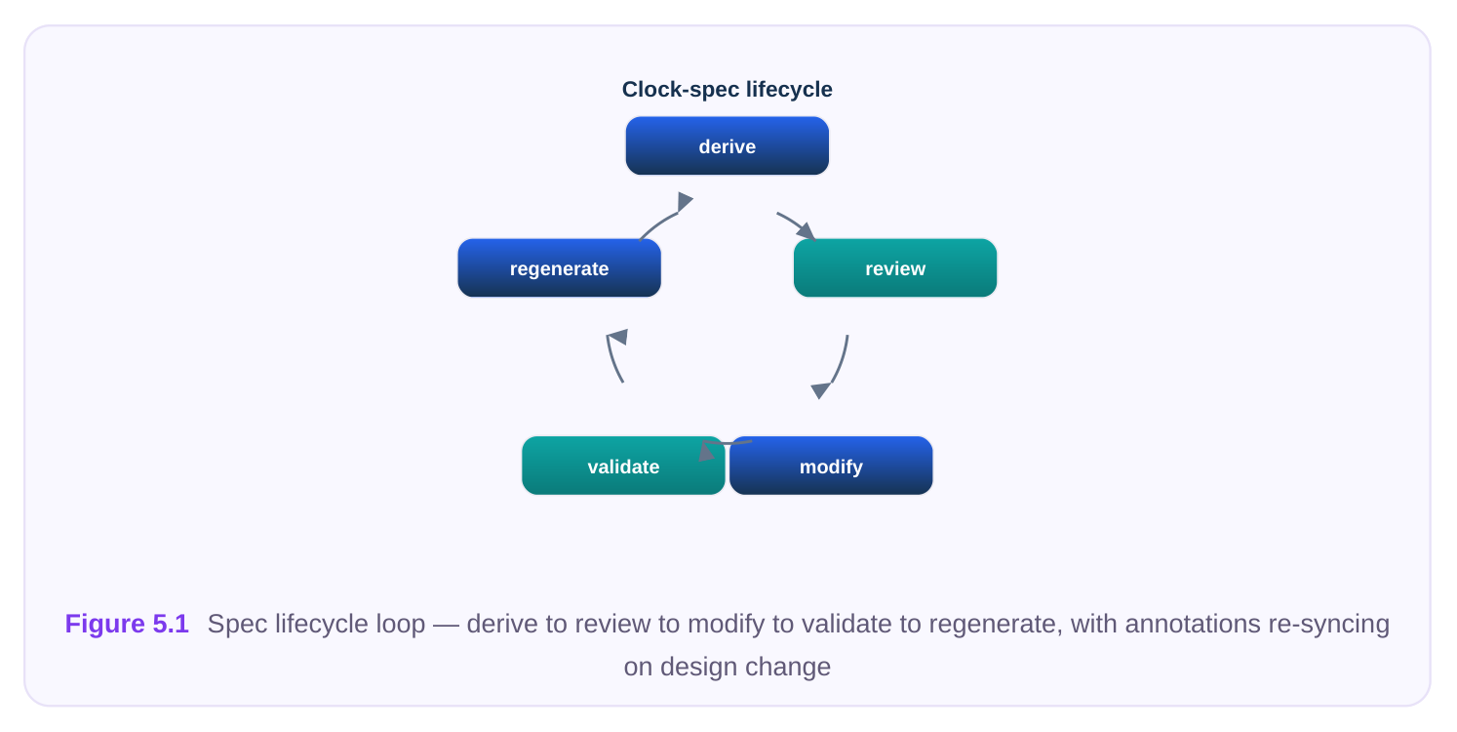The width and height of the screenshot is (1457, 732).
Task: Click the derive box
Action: (x=728, y=145)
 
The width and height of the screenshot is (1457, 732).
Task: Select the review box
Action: (x=895, y=267)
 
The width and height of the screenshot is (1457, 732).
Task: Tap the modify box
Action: (x=831, y=466)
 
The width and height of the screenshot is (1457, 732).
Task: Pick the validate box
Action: (x=623, y=466)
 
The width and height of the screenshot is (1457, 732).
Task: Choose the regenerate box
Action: (x=560, y=267)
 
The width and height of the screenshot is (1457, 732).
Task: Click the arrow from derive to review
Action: (x=798, y=224)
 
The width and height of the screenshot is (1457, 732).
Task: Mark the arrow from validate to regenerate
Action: (x=612, y=357)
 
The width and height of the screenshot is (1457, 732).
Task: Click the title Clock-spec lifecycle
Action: (x=728, y=89)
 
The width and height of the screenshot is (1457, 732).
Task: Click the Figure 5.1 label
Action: (x=127, y=624)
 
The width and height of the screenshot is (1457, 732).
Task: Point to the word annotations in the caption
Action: (x=1193, y=624)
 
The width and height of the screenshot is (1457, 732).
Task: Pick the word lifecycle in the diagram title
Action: (x=789, y=90)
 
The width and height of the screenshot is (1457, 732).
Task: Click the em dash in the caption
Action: (x=446, y=625)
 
